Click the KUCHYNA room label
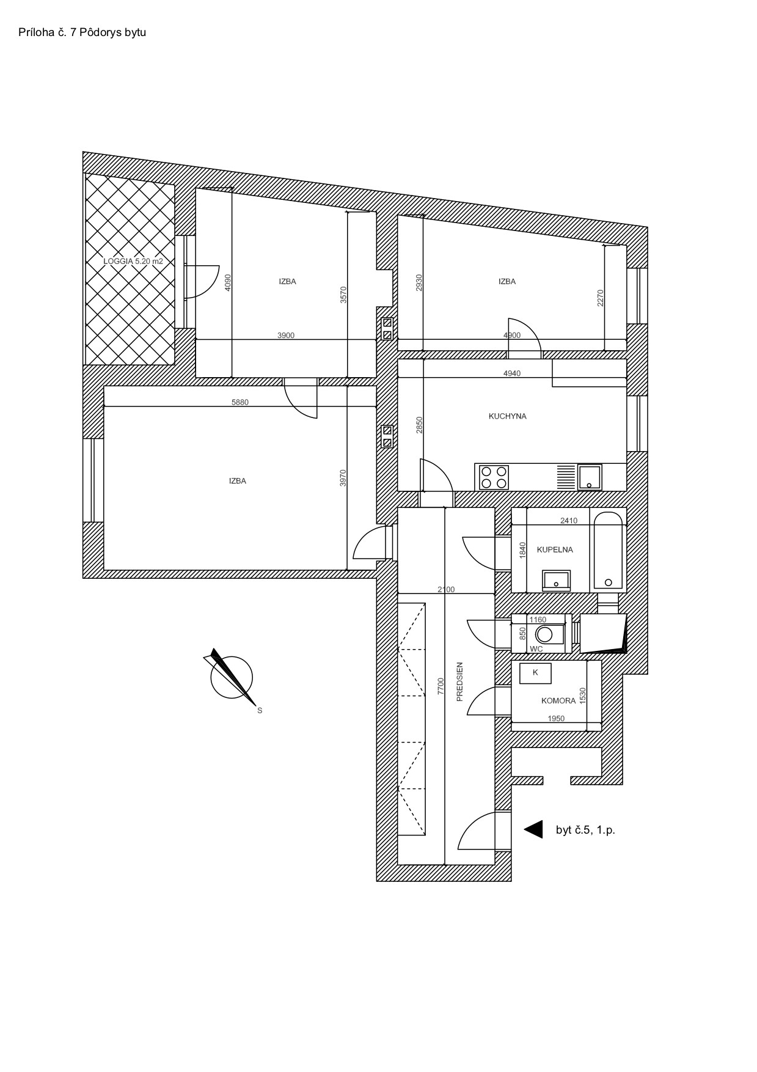coord(507,416)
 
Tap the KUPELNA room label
coord(555,549)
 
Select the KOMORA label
coord(558,701)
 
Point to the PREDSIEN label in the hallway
coord(460,681)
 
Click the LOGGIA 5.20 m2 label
coord(133,261)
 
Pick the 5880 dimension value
coord(240,402)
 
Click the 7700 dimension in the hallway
coord(441,686)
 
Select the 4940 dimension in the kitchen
coord(512,373)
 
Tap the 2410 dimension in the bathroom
coord(569,521)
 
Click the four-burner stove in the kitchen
coord(494,477)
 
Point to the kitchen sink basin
coord(590,477)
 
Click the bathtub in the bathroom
coord(608,551)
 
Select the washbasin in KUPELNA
coord(556,580)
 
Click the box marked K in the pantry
coord(535,673)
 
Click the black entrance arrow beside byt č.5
coord(533,829)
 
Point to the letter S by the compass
coord(260,711)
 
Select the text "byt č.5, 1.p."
coord(585,830)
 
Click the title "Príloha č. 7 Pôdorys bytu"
coord(82,32)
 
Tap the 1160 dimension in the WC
coord(538,620)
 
